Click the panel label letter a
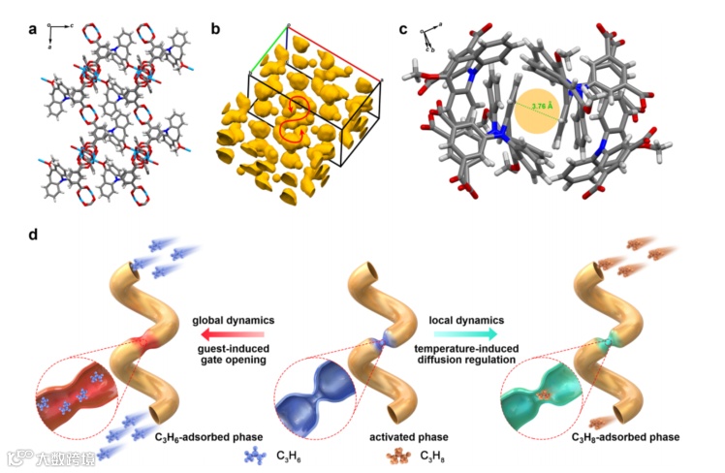pyautogui.click(x=33, y=29)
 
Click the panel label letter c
pyautogui.click(x=403, y=29)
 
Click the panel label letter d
pyautogui.click(x=34, y=236)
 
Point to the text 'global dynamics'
pyautogui.click(x=235, y=319)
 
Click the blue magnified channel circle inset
pyautogui.click(x=315, y=401)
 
